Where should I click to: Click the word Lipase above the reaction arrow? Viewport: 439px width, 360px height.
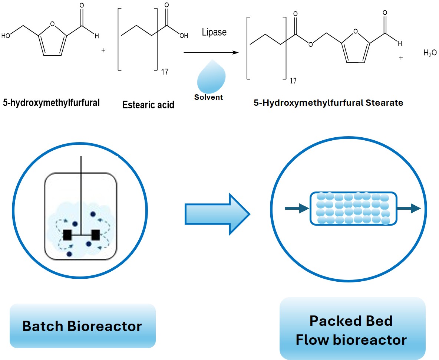[x=214, y=32]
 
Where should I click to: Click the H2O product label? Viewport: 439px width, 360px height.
[x=430, y=53]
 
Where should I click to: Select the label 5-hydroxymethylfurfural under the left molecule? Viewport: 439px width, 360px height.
[x=51, y=102]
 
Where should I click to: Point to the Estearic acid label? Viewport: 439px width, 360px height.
[x=148, y=105]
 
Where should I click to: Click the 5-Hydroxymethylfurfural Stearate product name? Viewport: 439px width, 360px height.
[x=329, y=103]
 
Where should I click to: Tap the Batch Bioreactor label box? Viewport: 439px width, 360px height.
[x=83, y=326]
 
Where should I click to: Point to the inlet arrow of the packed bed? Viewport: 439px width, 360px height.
[x=297, y=208]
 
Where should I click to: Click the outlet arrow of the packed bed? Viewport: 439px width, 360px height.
[x=409, y=208]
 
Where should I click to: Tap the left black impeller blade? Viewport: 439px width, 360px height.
[x=67, y=235]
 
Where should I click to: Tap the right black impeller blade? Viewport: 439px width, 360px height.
[x=96, y=235]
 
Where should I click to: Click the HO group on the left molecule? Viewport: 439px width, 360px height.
[x=6, y=36]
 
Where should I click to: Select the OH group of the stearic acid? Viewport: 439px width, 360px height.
[x=184, y=36]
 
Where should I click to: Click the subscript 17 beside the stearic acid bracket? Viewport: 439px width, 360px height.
[x=165, y=72]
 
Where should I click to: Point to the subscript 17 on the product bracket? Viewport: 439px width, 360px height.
[x=293, y=81]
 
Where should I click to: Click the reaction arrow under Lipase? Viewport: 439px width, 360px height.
[x=211, y=52]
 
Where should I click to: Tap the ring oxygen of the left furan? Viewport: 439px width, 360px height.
[x=52, y=24]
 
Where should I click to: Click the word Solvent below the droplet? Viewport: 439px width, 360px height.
[x=209, y=97]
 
